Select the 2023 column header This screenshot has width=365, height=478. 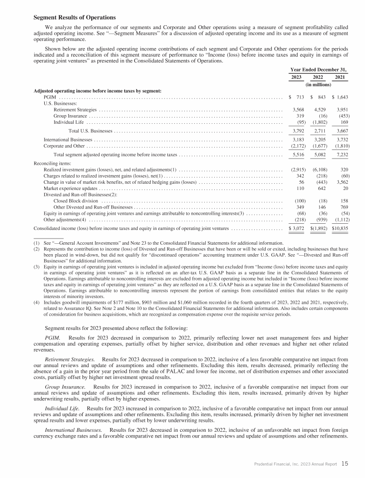[296, 77]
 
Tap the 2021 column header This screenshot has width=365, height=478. [340, 77]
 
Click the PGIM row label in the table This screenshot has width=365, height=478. [49, 97]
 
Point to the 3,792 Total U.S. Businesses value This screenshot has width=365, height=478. [296, 131]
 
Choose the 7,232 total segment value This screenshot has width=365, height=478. [341, 155]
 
